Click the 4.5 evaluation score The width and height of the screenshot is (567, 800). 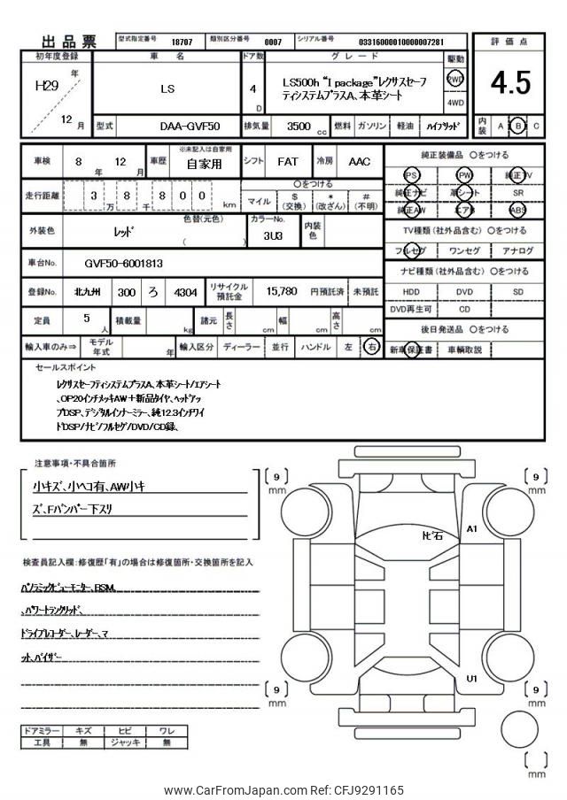[x=510, y=83]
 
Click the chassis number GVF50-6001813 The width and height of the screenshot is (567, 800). [x=124, y=264]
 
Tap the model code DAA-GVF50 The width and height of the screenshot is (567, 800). [x=190, y=127]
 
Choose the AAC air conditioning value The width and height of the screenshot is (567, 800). [x=359, y=163]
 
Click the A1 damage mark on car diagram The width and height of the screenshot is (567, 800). [x=472, y=529]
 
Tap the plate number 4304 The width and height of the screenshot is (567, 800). [x=186, y=291]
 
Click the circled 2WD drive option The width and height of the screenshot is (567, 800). [x=455, y=79]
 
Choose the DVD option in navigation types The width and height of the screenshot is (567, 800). [x=464, y=291]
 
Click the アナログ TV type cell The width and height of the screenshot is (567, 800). [x=517, y=251]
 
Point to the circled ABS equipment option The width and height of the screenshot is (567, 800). [x=517, y=211]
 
